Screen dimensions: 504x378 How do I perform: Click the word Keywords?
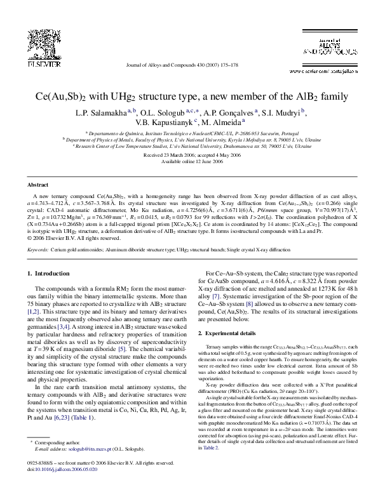coord(37,249)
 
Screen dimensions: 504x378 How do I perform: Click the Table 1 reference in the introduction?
coord(84,418)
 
